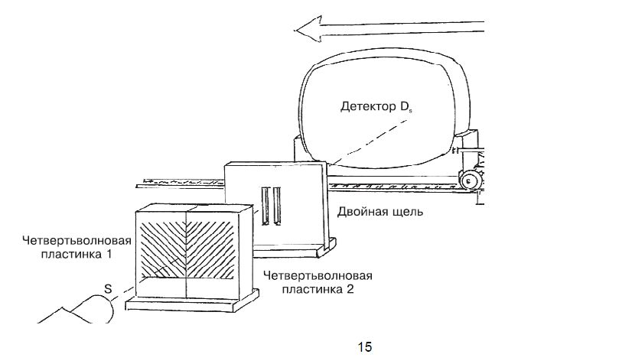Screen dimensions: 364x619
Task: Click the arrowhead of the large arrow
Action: pyautogui.click(x=305, y=31)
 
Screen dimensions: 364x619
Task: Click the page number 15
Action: pyautogui.click(x=365, y=346)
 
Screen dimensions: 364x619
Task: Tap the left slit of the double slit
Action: pyautogui.click(x=265, y=206)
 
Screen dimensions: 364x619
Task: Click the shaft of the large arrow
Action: pyautogui.click(x=406, y=31)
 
